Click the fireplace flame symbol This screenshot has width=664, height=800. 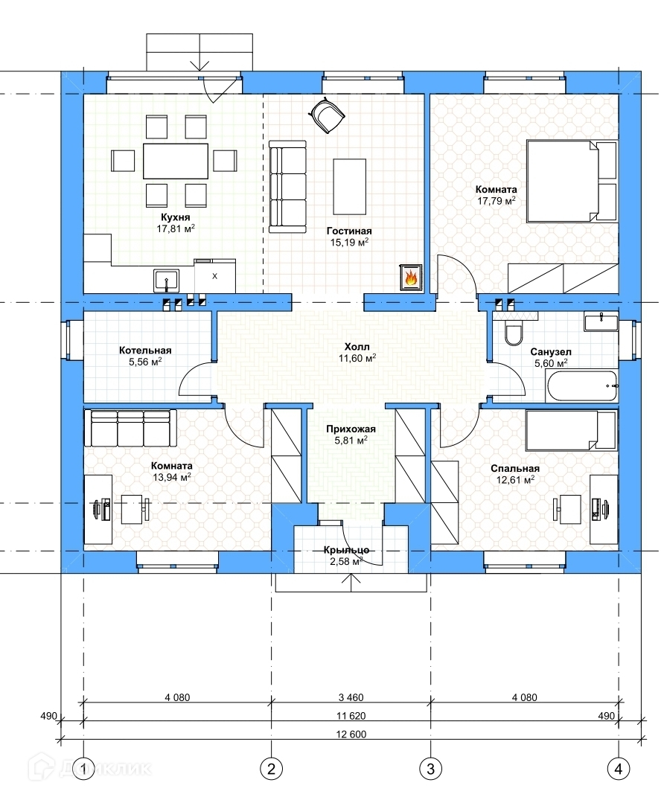tap(411, 278)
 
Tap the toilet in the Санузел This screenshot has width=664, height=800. tap(513, 332)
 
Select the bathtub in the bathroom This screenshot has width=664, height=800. tap(582, 386)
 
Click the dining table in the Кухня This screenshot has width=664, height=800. tap(176, 161)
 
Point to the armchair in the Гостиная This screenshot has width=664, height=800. tap(326, 115)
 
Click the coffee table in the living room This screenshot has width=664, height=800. tap(350, 186)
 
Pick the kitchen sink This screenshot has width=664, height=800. tap(167, 281)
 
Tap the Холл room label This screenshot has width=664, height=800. tap(357, 347)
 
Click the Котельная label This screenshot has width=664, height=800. tap(145, 351)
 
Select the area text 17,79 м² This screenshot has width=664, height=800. tap(496, 201)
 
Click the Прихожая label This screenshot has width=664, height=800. tap(351, 429)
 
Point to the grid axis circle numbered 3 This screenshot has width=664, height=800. tap(430, 768)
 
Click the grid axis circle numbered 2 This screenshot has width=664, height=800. tap(271, 768)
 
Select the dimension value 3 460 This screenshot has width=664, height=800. tap(351, 697)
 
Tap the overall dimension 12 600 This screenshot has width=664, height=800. tap(351, 735)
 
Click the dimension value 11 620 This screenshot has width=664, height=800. tap(351, 716)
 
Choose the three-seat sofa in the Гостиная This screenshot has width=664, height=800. tap(287, 187)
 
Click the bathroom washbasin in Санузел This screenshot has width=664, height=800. tap(601, 322)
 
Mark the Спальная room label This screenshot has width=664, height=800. tap(515, 468)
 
